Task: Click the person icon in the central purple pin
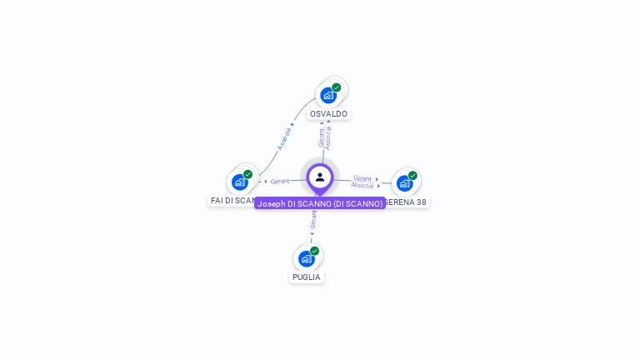pos(320,177)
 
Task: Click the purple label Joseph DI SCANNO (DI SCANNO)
pos(320,203)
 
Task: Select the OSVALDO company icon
pos(328,95)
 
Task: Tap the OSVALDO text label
pos(328,113)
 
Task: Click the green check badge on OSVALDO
pos(337,87)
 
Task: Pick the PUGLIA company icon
pos(307,258)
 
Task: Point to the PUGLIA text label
pos(307,277)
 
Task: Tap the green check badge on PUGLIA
pos(315,251)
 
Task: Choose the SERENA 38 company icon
pos(405,182)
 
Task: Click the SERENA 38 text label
pos(407,202)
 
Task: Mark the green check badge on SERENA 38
pos(412,176)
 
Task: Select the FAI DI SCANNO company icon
pos(240,182)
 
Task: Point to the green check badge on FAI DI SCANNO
pos(248,174)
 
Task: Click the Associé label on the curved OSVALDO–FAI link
pos(285,137)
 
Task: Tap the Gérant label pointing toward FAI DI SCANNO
pos(280,181)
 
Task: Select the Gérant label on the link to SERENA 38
pos(362,177)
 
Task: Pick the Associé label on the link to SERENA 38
pos(362,185)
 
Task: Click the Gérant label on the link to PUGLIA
pos(313,220)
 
